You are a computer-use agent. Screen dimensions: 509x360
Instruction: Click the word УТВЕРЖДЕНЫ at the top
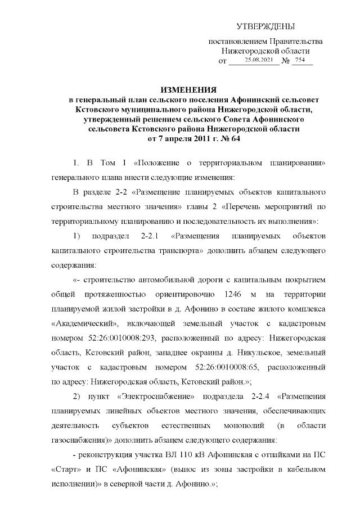[265, 26]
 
